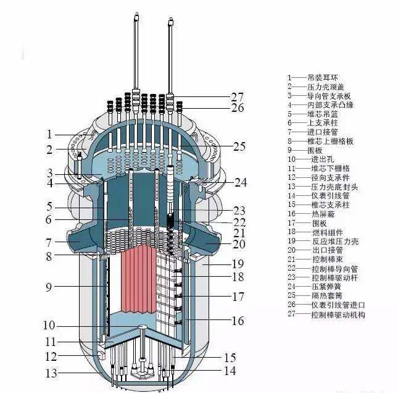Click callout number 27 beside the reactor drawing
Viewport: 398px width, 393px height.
point(238,96)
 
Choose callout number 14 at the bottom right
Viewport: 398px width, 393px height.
point(230,371)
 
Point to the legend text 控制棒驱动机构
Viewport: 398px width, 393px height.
point(338,314)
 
